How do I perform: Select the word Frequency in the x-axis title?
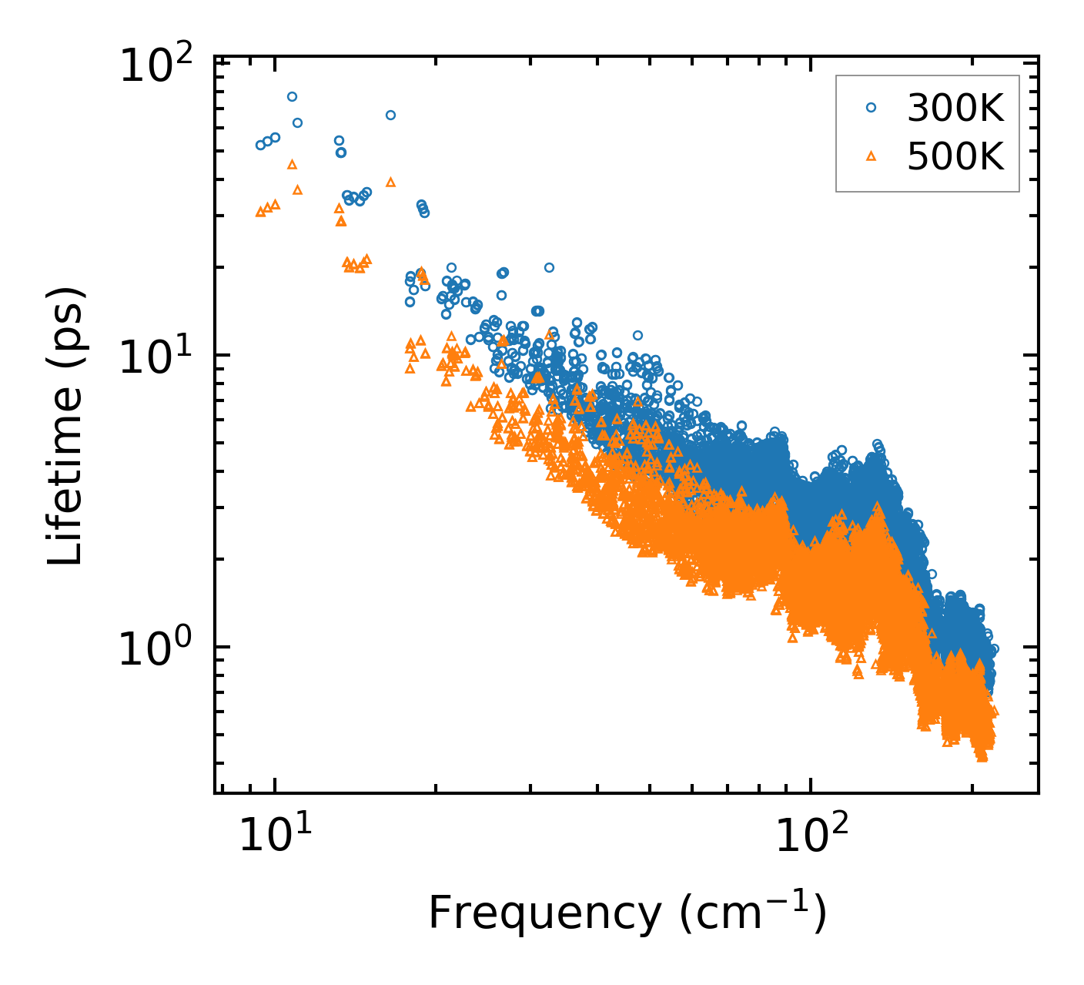(544, 914)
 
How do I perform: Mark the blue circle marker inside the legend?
(871, 108)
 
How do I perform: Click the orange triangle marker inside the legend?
(871, 156)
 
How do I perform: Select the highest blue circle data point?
(292, 96)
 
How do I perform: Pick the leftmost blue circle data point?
(260, 145)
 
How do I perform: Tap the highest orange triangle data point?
(292, 164)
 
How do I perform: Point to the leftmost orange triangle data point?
(260, 212)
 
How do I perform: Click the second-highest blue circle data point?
(390, 115)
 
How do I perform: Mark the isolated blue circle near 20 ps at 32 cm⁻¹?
(549, 267)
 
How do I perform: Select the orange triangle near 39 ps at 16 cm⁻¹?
(390, 183)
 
